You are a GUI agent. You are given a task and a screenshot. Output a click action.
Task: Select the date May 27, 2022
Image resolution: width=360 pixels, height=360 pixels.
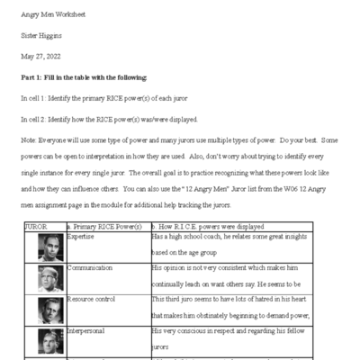(43, 58)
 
